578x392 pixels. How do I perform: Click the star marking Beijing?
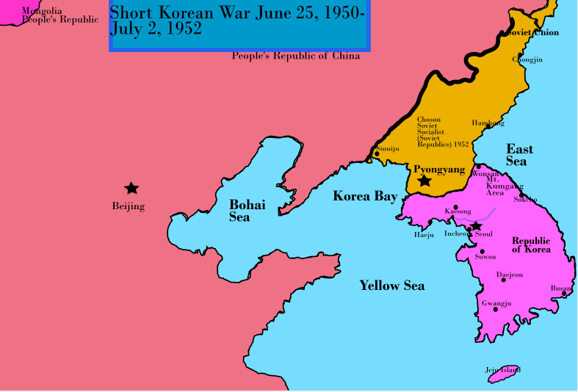pos(131,189)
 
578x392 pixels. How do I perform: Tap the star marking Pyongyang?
pos(425,181)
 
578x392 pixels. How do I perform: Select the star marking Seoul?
pos(476,226)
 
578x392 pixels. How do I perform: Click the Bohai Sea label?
pos(248,211)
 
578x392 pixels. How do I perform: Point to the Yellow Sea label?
pos(391,286)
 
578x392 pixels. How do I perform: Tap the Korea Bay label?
pos(365,196)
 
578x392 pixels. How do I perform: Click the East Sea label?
pos(520,155)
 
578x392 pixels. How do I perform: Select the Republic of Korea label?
pos(532,245)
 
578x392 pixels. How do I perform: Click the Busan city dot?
pos(564,294)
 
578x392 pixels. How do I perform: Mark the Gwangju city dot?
pos(496,309)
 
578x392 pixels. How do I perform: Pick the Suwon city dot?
pos(483,251)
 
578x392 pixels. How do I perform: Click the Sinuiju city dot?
pos(377,153)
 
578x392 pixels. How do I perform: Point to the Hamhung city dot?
pos(488,126)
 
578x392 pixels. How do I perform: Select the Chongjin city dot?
pos(519,55)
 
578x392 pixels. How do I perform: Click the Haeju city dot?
pos(430,222)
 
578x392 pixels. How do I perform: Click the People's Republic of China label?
pos(296,57)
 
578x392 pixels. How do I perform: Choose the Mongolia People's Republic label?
pos(59,15)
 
